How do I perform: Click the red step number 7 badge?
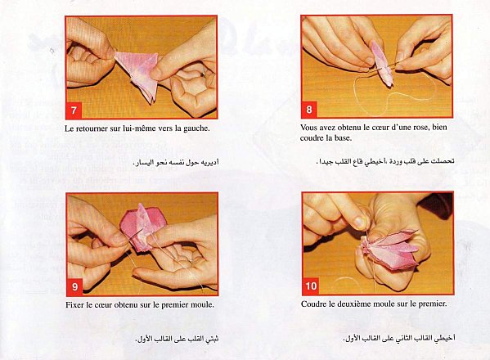tap(74, 110)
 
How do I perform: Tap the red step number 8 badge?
tap(309, 110)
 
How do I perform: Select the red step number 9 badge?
tap(75, 286)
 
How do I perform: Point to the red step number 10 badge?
tap(311, 286)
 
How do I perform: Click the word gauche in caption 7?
tap(196, 128)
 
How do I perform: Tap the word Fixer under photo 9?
tap(74, 304)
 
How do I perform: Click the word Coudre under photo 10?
tap(312, 304)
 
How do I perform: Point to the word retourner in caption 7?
tap(92, 128)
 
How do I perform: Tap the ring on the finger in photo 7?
tap(204, 74)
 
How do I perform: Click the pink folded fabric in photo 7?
tap(137, 74)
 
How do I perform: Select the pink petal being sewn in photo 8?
tap(382, 64)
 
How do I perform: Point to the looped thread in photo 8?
tap(393, 94)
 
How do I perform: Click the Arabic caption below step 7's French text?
tap(176, 163)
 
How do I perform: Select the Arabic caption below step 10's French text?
tap(398, 338)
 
